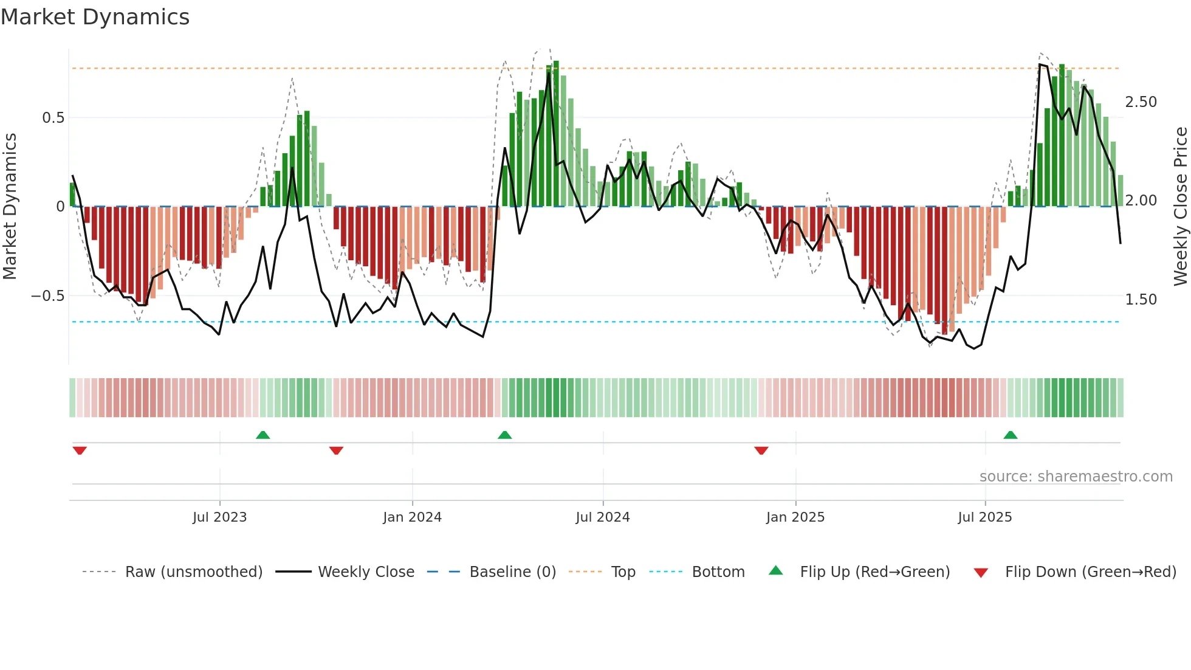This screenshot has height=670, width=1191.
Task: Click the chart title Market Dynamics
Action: [95, 17]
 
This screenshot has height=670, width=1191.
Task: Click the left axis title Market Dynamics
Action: [10, 207]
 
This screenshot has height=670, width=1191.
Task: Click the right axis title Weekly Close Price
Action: [1180, 207]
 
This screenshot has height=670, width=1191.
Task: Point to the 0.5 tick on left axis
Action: [53, 118]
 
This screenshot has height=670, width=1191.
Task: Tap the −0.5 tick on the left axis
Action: [47, 296]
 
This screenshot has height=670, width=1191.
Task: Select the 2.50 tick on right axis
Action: [1141, 102]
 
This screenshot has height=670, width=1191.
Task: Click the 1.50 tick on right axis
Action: [1141, 300]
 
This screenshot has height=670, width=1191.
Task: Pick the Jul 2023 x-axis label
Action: [219, 517]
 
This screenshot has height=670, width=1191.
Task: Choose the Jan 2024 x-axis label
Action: [412, 517]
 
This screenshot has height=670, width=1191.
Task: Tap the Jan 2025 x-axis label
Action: [795, 517]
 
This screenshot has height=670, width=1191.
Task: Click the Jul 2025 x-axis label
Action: [984, 517]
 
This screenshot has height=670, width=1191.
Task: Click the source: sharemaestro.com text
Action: [1076, 477]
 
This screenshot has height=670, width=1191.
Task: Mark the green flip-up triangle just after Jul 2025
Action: [1010, 435]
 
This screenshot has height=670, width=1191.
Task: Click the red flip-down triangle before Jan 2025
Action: [761, 451]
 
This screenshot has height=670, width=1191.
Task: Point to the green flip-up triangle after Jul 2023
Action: [263, 435]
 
